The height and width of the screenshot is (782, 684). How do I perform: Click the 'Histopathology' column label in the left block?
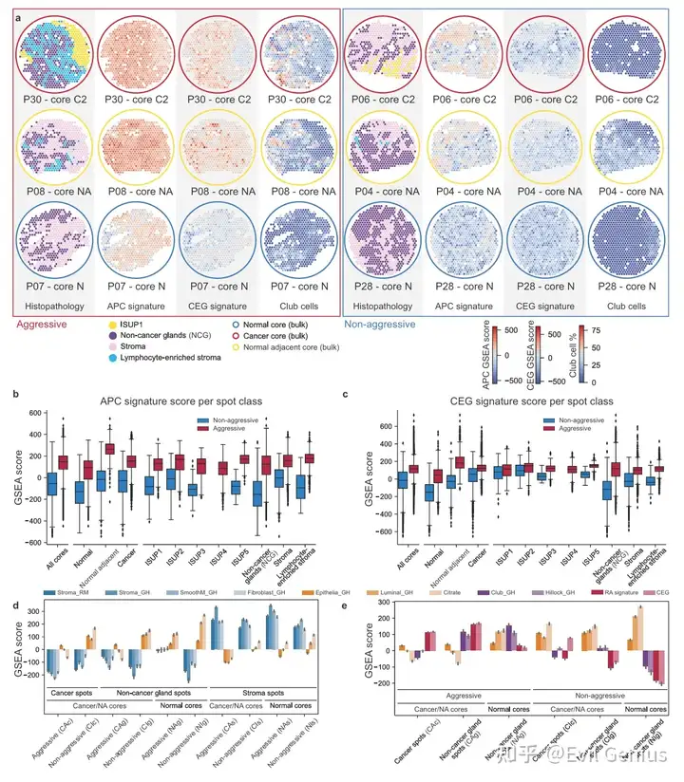(x=50, y=307)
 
